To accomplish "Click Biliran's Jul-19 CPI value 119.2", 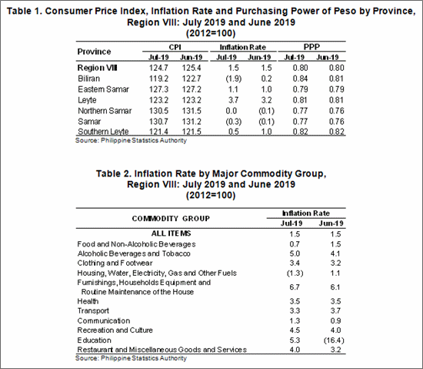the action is click(158, 79).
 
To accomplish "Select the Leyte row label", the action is click(87, 100).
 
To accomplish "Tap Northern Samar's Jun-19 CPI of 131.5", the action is click(192, 111).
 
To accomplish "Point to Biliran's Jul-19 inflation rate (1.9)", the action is click(233, 79).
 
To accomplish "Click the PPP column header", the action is click(311, 47).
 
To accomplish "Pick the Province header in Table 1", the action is click(94, 52).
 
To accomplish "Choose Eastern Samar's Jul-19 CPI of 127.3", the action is click(158, 89).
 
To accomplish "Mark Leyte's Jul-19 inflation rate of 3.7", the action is click(233, 100).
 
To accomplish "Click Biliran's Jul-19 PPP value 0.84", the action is click(300, 79).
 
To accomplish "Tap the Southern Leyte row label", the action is click(103, 131).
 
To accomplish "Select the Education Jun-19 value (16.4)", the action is click(334, 340).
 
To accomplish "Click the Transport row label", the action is click(93, 311).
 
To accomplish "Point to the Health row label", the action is click(88, 301).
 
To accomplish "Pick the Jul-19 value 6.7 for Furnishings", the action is click(295, 287).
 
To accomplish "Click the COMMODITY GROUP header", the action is click(171, 219).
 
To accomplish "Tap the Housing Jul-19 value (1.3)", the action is click(295, 273).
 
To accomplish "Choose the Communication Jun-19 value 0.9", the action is click(335, 320).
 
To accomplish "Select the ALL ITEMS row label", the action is click(171, 233).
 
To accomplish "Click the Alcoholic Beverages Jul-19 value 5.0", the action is click(295, 253).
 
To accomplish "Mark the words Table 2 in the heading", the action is click(113, 173).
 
